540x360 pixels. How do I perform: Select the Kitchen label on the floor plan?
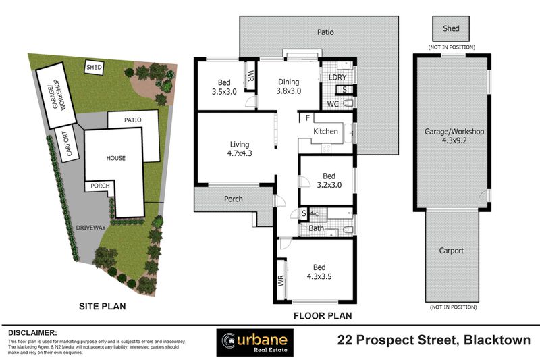point(325,131)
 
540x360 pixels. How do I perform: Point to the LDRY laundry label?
point(337,78)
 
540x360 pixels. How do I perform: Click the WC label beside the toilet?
point(332,104)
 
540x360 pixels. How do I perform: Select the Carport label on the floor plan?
point(452,251)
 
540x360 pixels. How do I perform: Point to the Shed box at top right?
point(452,29)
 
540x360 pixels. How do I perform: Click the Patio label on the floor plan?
point(325,32)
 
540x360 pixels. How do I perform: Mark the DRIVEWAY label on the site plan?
point(91,228)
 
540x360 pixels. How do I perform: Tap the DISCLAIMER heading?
point(33,333)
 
